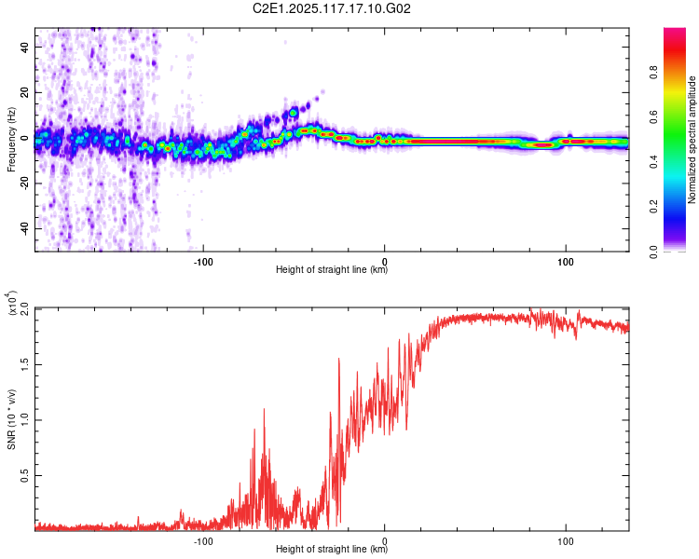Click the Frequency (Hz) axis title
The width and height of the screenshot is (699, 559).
[11, 140]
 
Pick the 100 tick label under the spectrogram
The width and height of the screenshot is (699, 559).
[566, 261]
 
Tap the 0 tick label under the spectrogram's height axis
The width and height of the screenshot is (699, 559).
[385, 261]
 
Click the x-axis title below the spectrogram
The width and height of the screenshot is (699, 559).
[332, 270]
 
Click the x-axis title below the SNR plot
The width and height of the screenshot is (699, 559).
[332, 550]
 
